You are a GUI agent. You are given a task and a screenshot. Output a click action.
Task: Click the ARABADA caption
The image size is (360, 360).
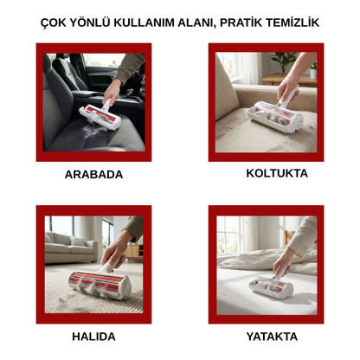click(x=93, y=174)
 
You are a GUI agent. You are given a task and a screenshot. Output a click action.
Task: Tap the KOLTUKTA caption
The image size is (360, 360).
click(x=266, y=173)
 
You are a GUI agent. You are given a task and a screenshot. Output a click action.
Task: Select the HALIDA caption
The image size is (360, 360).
click(x=93, y=336)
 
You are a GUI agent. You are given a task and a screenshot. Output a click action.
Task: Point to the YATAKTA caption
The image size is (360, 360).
click(x=266, y=336)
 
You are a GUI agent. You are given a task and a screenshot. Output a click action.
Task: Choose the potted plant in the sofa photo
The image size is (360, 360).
click(x=282, y=62)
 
